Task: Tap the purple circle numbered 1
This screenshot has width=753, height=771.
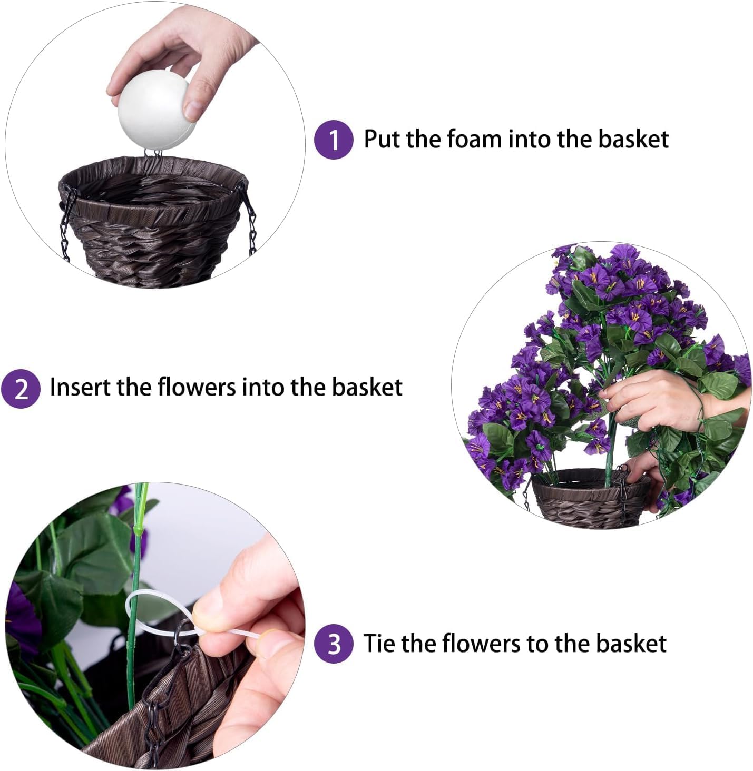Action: click(334, 140)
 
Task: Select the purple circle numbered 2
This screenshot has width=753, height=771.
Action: click(21, 389)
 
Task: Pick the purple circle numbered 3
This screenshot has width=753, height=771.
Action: click(334, 644)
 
